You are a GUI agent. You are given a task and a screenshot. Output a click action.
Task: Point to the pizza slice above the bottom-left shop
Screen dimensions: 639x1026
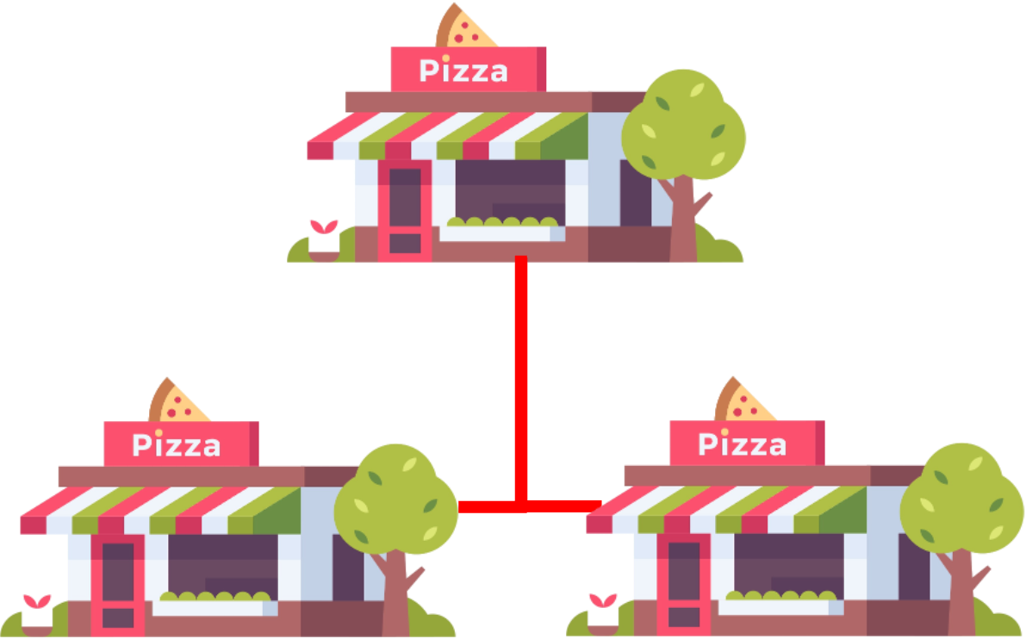(177, 403)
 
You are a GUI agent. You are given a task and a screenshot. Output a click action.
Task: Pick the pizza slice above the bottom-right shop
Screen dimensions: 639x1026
(743, 403)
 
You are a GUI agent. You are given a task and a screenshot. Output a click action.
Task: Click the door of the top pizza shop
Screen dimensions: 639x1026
(405, 210)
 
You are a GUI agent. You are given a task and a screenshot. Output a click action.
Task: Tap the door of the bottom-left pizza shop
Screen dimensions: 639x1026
(118, 585)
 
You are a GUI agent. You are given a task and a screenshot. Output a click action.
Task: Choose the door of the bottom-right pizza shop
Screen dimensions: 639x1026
(684, 585)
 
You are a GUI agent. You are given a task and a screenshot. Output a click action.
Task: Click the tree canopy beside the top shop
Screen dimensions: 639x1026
(684, 125)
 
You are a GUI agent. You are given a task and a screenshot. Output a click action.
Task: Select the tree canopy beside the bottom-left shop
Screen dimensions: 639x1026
(396, 499)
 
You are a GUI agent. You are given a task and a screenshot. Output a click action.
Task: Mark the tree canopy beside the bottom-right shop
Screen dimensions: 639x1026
(962, 499)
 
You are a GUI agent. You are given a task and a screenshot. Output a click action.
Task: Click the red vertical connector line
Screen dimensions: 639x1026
(520, 379)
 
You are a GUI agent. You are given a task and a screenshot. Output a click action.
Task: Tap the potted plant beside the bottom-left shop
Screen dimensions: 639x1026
(37, 612)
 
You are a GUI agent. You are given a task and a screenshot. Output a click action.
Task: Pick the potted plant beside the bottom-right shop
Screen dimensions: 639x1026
(603, 612)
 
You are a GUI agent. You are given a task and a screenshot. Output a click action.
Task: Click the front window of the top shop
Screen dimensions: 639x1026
(508, 194)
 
